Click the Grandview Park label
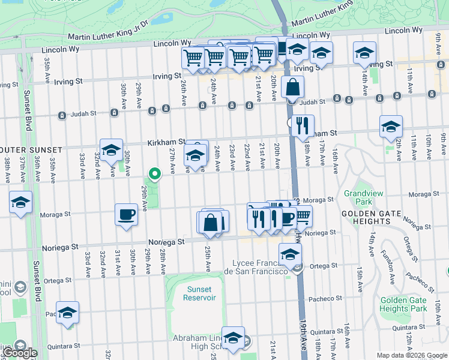pos(358,197)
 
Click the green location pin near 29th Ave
pos(154,175)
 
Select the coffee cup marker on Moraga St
pos(126,214)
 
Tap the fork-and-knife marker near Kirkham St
pos(303,126)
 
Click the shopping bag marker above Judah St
pos(292,88)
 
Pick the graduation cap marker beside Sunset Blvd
pos(21,202)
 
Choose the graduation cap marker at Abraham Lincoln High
pos(233,337)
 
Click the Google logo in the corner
pos(20,353)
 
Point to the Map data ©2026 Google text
pos(412,355)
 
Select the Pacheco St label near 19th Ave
pos(325,298)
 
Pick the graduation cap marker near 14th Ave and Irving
pos(364,53)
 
